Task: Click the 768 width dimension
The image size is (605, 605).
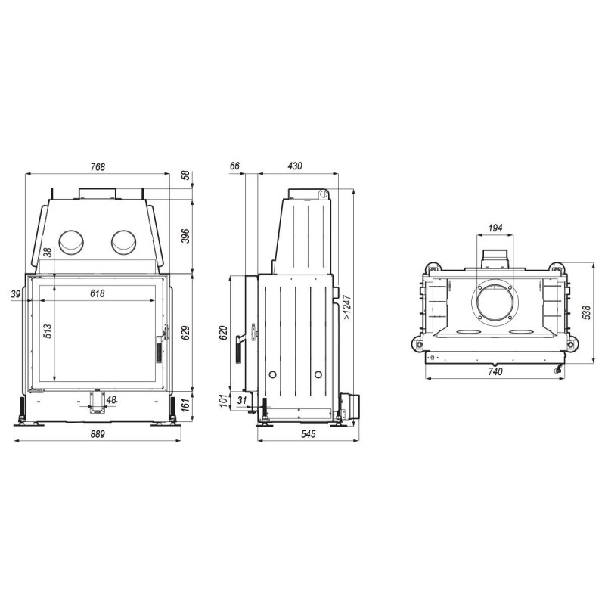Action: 98,166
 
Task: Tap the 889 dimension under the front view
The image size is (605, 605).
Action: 98,434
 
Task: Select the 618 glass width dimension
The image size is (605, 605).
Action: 98,293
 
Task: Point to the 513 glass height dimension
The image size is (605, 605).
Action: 47,331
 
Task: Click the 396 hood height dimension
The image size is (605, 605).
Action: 185,236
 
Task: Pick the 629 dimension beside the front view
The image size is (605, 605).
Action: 185,333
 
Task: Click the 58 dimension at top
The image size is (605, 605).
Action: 185,175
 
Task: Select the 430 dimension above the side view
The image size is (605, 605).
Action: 295,166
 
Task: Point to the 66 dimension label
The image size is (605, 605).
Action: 234,166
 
